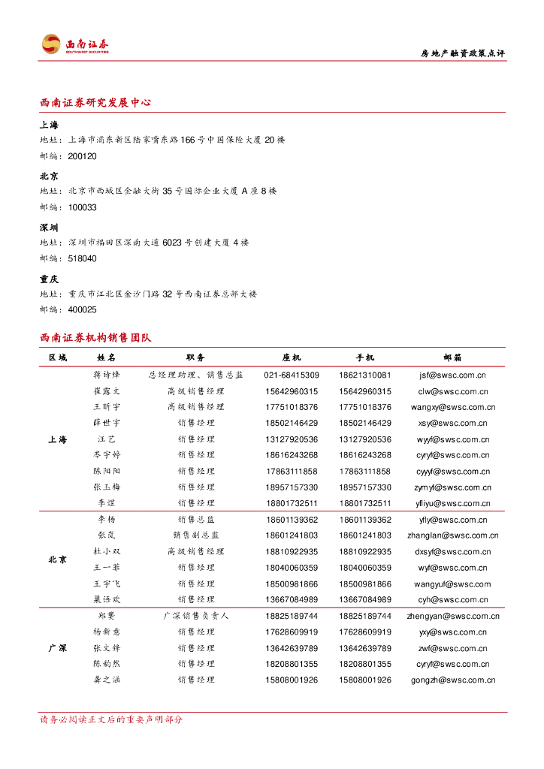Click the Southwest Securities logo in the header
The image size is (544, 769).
[75, 44]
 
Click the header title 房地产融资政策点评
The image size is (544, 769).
[462, 53]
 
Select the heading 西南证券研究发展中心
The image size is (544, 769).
[95, 102]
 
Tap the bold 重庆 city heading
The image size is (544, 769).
[49, 279]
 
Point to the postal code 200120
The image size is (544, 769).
[82, 156]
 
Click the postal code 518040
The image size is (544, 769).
[82, 258]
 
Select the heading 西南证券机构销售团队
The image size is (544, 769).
[95, 338]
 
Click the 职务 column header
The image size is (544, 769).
[196, 358]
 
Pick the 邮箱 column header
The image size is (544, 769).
[453, 358]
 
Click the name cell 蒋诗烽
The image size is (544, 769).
[107, 375]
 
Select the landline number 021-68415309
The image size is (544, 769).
[292, 375]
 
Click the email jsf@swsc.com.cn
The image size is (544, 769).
[453, 375]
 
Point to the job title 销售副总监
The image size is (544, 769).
[196, 535]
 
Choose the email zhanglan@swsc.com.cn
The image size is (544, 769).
[453, 535]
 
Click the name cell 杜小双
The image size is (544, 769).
[107, 551]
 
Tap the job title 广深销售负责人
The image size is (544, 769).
[196, 616]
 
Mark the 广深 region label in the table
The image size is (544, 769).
[58, 647]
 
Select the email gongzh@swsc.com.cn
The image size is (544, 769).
[453, 680]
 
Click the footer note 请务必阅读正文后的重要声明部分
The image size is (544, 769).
[111, 719]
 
